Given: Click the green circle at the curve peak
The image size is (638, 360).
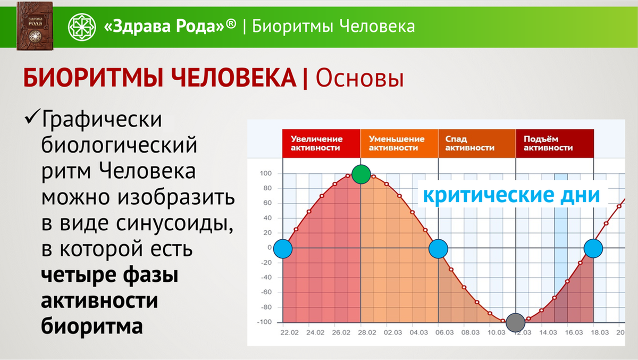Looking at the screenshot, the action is coord(361,174).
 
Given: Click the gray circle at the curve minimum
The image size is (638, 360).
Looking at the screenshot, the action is coord(516,323).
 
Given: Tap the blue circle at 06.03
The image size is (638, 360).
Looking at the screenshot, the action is coord(438,249).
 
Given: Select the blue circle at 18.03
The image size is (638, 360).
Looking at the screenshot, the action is coord(593,248).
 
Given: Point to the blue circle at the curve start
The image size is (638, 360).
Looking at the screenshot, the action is coord(283,249).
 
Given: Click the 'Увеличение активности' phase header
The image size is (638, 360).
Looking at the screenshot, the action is coord(321,143).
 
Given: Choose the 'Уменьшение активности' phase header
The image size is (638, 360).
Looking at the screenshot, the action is coord(399,143).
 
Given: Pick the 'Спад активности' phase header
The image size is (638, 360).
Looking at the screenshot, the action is coord(477,143).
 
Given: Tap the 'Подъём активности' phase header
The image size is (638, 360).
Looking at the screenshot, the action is coord(555,143).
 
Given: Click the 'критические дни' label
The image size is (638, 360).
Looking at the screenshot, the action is coord(511,195).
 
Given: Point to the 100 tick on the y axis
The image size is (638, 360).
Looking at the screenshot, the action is coord(266,173).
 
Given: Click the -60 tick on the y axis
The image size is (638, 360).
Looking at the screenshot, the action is coord(266,292).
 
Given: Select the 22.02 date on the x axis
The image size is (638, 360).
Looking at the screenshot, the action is coord(289,333).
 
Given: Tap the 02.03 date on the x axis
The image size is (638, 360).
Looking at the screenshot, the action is coord(393,333).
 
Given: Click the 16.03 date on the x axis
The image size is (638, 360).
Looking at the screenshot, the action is coord(574,333).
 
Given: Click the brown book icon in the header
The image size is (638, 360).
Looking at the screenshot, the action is coord(35,26).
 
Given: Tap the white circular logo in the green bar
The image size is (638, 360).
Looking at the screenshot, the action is coord(82,27).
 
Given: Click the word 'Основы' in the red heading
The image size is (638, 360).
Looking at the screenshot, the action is coord(360,78).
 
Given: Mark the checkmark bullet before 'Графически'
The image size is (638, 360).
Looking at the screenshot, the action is coord(32,117).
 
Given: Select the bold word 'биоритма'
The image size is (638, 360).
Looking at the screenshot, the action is coord(91,326).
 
